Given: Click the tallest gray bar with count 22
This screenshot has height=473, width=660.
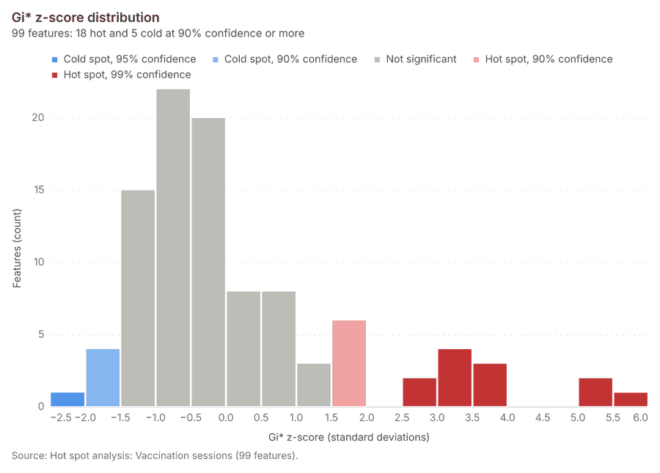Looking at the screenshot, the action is [173, 248].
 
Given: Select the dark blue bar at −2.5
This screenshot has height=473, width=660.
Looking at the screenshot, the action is [67, 400].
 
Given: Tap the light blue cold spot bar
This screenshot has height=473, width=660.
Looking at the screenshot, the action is [103, 378].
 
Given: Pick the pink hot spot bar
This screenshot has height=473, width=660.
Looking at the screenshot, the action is [349, 363].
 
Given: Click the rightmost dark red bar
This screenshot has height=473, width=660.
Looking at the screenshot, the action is [631, 400].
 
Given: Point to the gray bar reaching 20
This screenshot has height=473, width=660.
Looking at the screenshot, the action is [208, 263].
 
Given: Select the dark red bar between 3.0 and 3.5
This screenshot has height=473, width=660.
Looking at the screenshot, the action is [455, 378].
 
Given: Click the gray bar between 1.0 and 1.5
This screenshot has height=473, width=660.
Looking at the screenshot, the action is [314, 385].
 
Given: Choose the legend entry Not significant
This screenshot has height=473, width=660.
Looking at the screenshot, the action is [416, 59].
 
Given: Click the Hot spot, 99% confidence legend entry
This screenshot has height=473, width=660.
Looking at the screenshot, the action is [121, 75].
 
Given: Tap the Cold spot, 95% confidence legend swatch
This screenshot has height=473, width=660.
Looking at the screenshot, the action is [54, 59].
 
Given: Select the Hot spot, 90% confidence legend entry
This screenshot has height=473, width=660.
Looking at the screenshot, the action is [543, 59].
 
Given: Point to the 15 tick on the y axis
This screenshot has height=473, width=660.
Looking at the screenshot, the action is [39, 190].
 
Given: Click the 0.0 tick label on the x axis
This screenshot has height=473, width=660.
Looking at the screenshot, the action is [226, 417].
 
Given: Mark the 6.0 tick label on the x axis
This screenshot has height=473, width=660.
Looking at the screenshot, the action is [640, 417].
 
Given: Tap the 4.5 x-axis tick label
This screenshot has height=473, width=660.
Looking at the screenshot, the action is [543, 417].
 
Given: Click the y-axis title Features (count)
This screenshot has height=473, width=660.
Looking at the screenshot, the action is [17, 249].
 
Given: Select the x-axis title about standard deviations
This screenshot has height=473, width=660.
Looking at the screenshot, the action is [349, 437].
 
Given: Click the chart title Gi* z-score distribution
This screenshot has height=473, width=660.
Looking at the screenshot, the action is [86, 18].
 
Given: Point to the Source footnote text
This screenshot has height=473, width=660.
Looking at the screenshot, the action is [155, 455].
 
